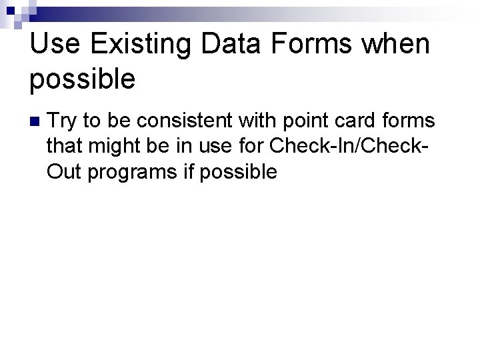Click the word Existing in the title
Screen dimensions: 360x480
coord(139,44)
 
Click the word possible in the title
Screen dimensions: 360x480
coord(83,80)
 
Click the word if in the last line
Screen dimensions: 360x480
coord(189,172)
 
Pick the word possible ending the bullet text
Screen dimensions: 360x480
coord(238,172)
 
